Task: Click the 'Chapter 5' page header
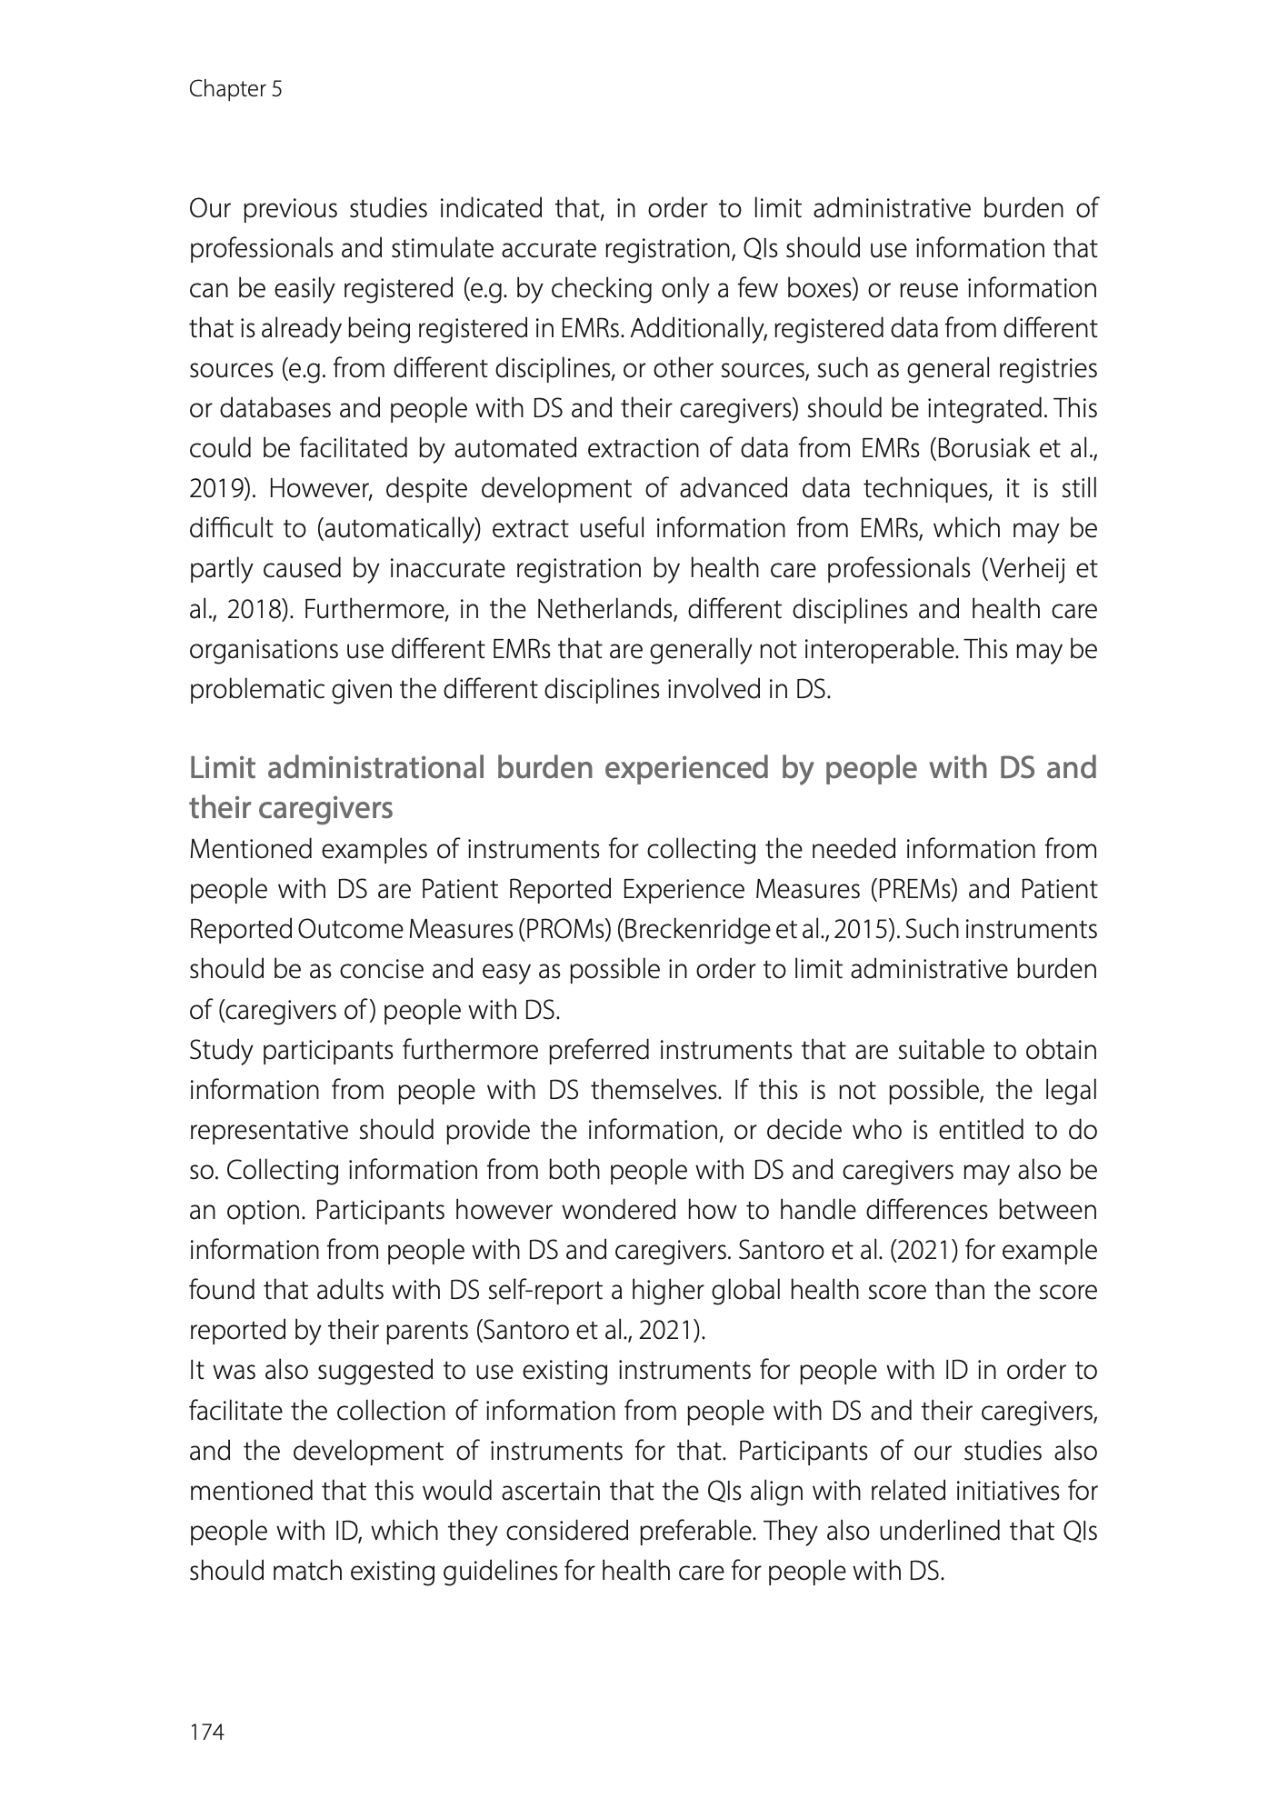(x=235, y=89)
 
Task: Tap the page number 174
(x=206, y=1733)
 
